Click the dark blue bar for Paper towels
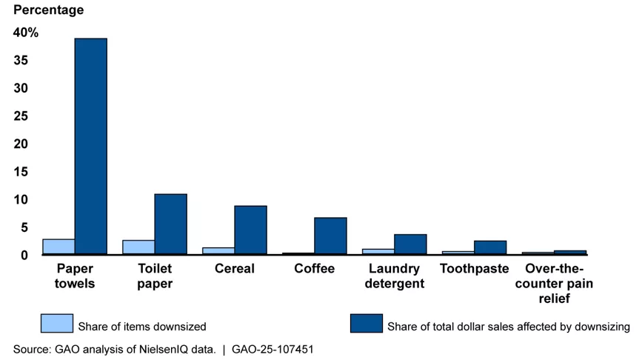pyautogui.click(x=90, y=146)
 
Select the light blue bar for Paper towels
pyautogui.click(x=58, y=247)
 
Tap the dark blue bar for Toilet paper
pyautogui.click(x=170, y=224)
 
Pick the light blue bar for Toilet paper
pyautogui.click(x=138, y=247)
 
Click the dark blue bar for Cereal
pyautogui.click(x=250, y=230)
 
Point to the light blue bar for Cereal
pyautogui.click(x=218, y=251)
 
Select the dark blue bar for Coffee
pyautogui.click(x=330, y=236)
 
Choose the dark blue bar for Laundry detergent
pyautogui.click(x=410, y=244)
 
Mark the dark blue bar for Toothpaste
pyautogui.click(x=490, y=247)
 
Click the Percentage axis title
pyautogui.click(x=48, y=10)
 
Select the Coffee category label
pyautogui.click(x=314, y=269)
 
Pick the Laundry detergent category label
pyautogui.click(x=394, y=276)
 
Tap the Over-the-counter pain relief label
pyautogui.click(x=554, y=283)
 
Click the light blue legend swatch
pyautogui.click(x=57, y=324)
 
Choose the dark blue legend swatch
pyautogui.click(x=366, y=324)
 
